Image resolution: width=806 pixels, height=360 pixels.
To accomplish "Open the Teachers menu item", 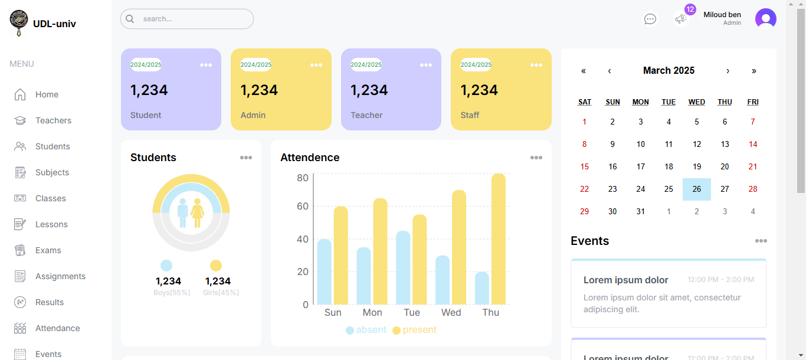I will pos(53,120).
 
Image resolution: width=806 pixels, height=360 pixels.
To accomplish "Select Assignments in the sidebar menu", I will pos(60,276).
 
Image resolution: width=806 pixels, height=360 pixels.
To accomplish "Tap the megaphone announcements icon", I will pos(681,19).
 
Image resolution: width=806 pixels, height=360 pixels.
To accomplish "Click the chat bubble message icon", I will pos(650,19).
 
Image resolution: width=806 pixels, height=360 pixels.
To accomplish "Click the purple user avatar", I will pos(765,19).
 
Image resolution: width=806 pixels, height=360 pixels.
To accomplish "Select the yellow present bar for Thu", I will pos(499,239).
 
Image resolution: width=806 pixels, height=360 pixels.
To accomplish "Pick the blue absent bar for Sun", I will pos(325,271).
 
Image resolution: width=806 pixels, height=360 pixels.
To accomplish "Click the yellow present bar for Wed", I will pos(459,247).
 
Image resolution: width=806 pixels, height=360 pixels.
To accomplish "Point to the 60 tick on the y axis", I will pos(302,206).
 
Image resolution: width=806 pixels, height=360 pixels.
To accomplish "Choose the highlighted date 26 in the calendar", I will pos(697,189).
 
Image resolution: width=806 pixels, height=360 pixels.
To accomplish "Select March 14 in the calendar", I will pos(753,145).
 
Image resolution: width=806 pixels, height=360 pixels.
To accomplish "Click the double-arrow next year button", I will pos(753,71).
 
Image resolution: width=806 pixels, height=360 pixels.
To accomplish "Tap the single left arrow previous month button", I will pos(610,71).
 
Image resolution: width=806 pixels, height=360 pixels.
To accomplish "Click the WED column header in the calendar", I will pos(697,102).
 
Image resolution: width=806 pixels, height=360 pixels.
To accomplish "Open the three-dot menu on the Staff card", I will pos(536,65).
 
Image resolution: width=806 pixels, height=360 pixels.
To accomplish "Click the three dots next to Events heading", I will pos(761,241).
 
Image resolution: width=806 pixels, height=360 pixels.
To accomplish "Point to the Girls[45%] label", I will pos(221,293).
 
